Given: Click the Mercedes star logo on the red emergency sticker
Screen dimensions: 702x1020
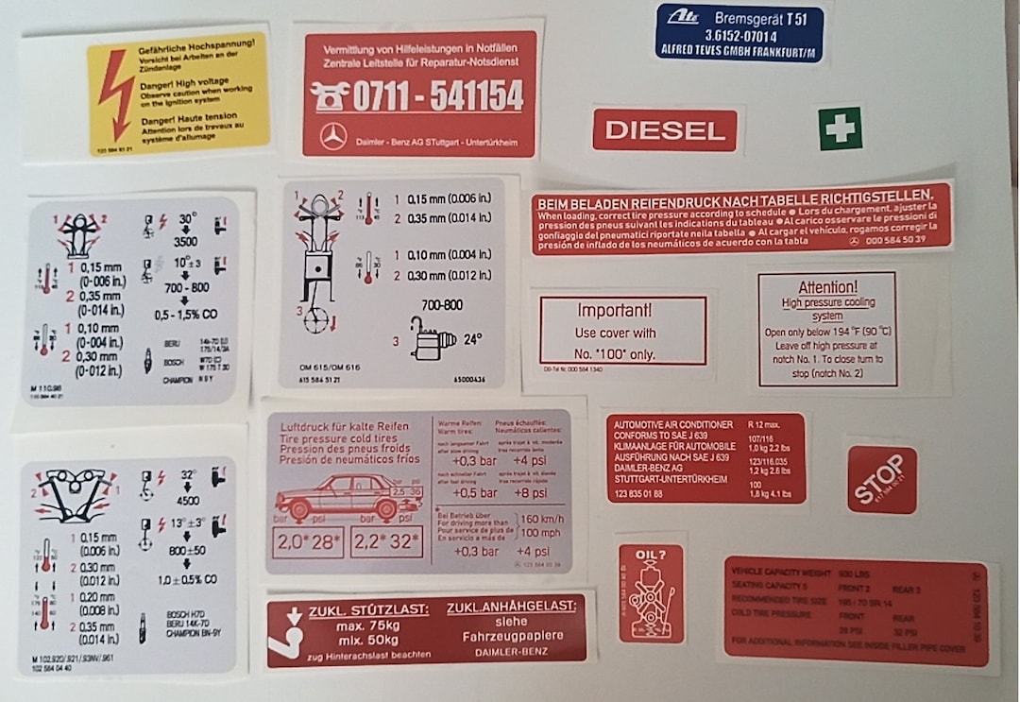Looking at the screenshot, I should [331, 137].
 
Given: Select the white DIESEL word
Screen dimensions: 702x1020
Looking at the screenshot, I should [665, 130].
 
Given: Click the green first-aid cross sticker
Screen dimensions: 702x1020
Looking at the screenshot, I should [840, 128].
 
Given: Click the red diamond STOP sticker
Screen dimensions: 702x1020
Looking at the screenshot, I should [881, 480].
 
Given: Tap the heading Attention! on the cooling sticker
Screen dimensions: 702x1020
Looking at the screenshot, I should [827, 286].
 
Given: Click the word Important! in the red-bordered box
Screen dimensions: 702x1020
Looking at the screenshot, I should [615, 310].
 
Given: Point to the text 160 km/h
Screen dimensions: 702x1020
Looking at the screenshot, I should [544, 518].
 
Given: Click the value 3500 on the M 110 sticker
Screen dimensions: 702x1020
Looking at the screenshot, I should [187, 240].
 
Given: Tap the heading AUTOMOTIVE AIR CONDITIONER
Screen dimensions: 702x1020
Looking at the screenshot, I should [673, 424].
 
